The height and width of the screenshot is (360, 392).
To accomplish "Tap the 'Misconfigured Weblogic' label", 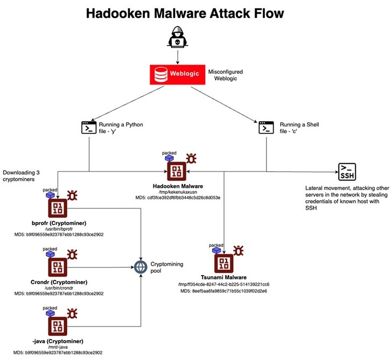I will (226, 75).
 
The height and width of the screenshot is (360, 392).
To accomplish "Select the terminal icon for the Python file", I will (88, 128).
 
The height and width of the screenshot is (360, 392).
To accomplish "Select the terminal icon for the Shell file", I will (264, 128).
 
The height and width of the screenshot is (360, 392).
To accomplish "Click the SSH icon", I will (347, 172).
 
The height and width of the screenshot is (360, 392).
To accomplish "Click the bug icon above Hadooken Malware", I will (191, 158).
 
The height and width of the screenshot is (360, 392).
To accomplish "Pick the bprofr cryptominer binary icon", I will (57, 208).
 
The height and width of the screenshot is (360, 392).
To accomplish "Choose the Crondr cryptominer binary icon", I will (57, 266).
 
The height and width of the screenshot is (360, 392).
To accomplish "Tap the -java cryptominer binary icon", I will (57, 324).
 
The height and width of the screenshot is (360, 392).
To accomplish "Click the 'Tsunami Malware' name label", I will (223, 278).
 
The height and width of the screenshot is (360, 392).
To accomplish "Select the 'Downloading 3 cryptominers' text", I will (22, 176).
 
